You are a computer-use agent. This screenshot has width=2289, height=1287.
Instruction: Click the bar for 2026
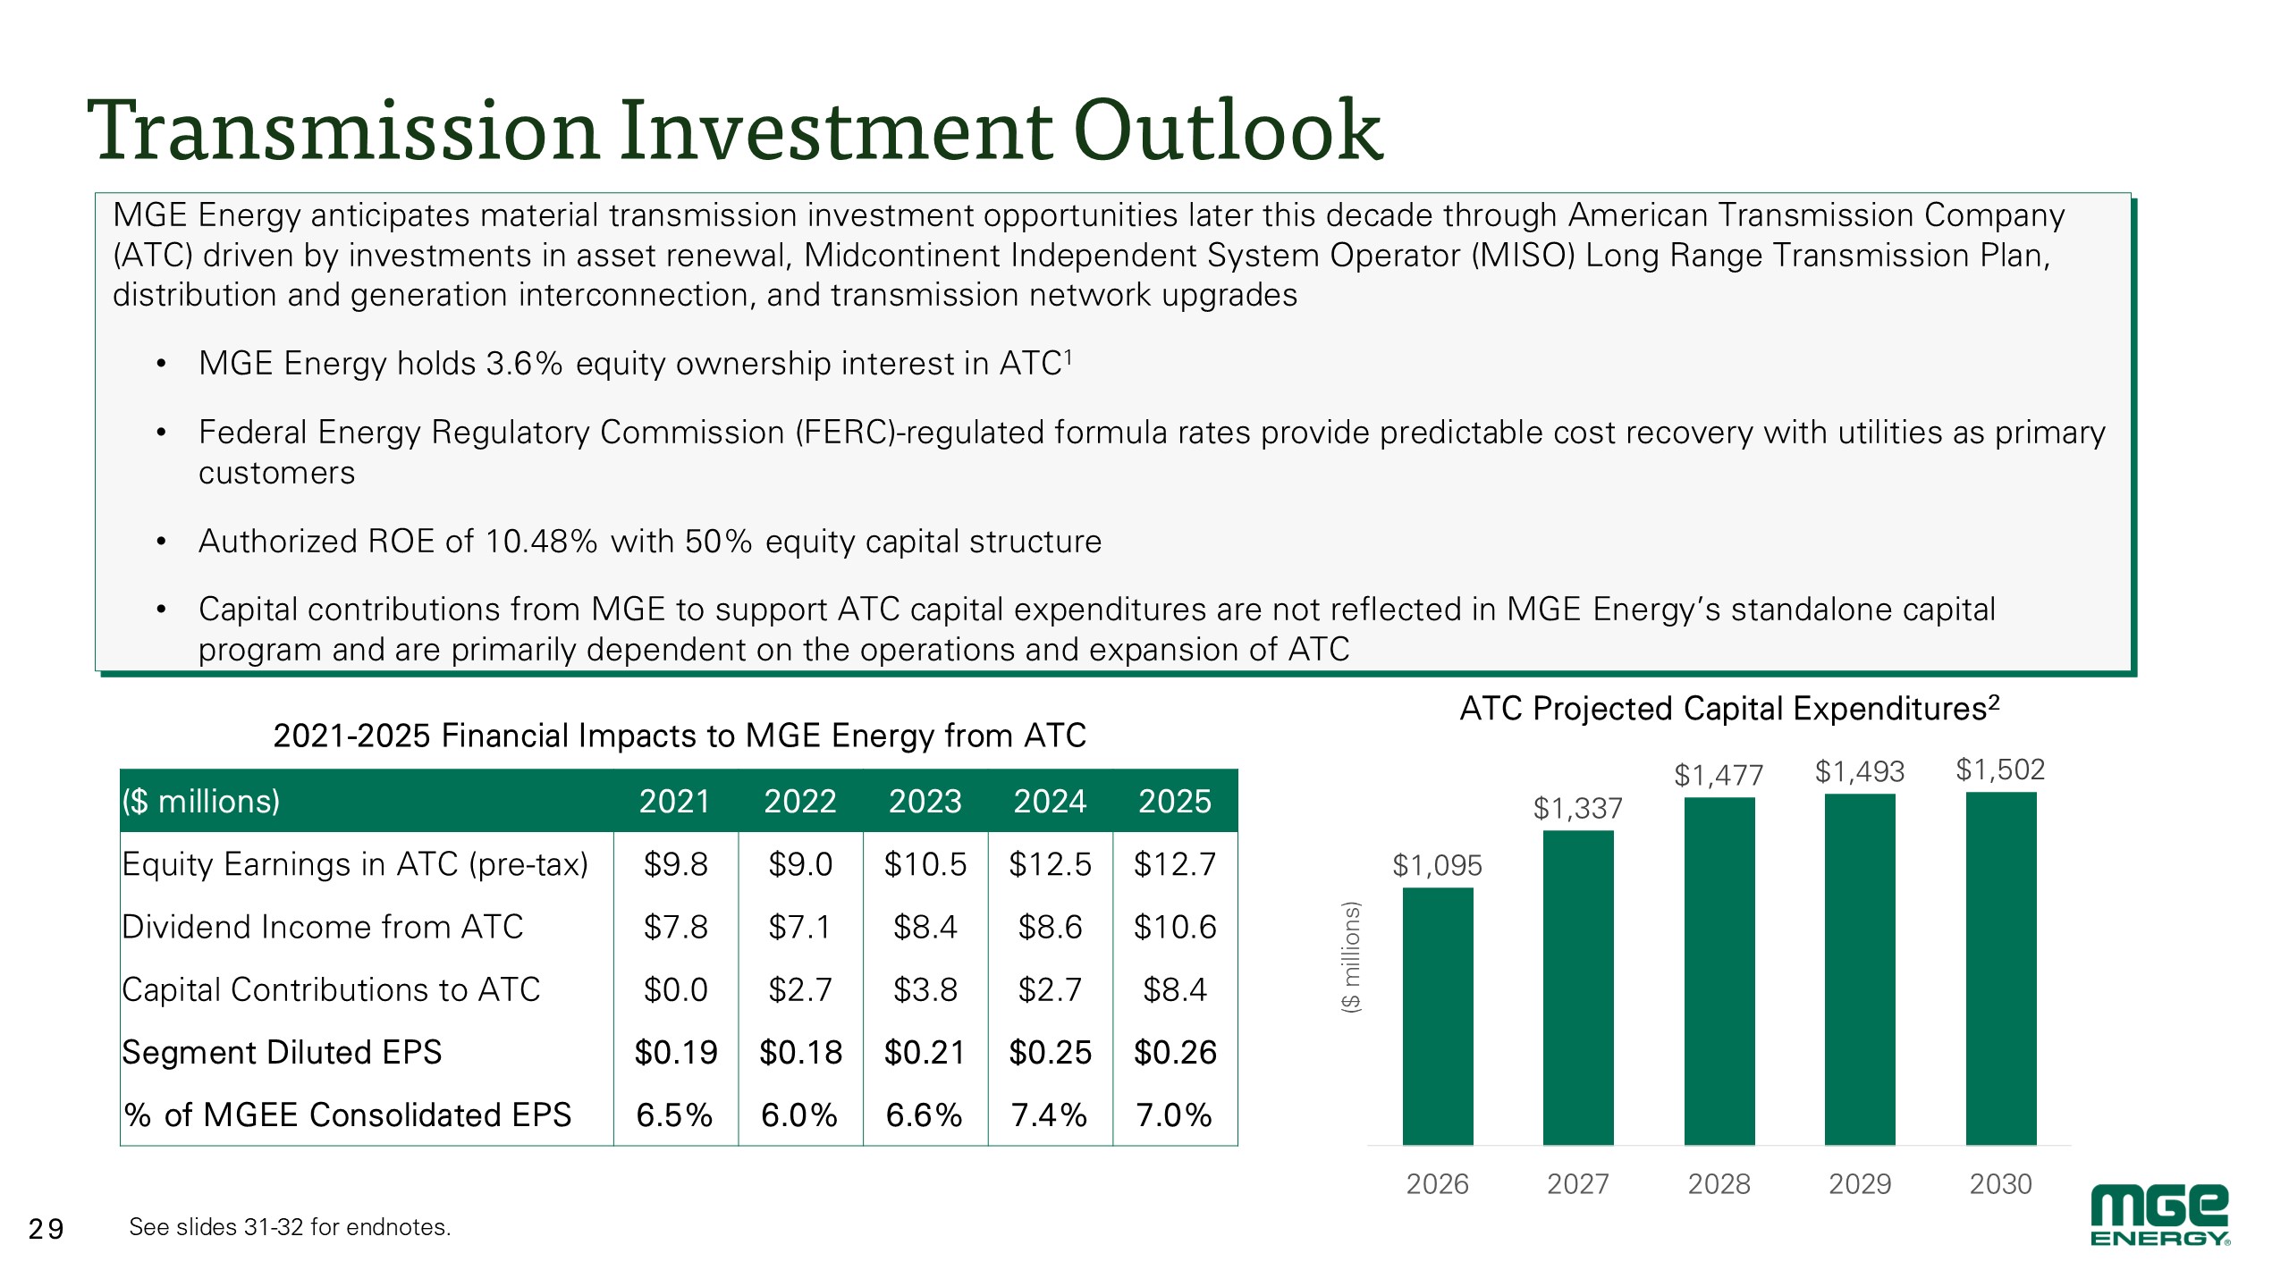tap(1437, 1016)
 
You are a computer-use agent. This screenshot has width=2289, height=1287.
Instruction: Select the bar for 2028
tap(1719, 971)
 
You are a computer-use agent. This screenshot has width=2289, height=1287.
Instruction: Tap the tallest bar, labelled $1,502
tap(2000, 968)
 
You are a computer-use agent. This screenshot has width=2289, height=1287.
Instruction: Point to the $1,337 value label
tap(1577, 808)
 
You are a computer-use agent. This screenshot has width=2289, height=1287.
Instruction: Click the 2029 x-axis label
tap(1860, 1183)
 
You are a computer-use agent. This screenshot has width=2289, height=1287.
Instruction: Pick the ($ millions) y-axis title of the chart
tap(1351, 956)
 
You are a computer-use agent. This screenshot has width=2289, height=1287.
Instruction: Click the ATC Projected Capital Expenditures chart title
tap(1729, 708)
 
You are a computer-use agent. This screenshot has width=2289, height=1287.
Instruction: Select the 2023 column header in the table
tap(925, 801)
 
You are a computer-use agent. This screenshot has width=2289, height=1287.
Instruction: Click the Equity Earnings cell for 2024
tap(1050, 864)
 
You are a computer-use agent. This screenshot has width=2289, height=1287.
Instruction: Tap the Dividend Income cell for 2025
tap(1175, 927)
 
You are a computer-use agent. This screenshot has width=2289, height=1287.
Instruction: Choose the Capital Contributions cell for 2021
tap(675, 989)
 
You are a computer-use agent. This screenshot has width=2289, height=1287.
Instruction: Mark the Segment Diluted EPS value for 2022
tap(800, 1052)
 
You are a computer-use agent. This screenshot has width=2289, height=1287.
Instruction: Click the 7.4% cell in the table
tap(1049, 1115)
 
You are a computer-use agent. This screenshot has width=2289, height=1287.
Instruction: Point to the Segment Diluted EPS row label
tap(282, 1052)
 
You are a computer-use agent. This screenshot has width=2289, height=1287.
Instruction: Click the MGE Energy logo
tap(2159, 1215)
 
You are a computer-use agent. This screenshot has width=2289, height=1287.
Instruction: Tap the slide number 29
tap(46, 1229)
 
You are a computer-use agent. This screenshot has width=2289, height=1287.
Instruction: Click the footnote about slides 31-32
tap(290, 1226)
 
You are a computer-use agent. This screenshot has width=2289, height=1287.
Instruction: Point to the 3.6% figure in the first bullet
tap(524, 363)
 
